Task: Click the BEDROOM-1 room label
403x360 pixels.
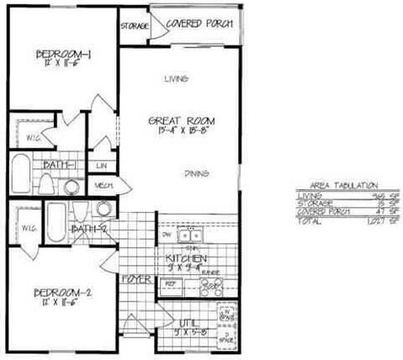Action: (63, 56)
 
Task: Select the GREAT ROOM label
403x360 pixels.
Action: (174, 119)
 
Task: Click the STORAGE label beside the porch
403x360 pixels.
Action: (134, 26)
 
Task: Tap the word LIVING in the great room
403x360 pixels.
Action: (174, 79)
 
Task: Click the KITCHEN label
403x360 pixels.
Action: (186, 260)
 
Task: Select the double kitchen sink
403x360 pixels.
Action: (190, 235)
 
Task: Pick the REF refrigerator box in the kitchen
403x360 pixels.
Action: (169, 286)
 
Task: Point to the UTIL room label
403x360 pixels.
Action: (188, 320)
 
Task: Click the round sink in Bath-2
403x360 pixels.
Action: (103, 209)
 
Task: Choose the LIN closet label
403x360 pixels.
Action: (101, 165)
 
